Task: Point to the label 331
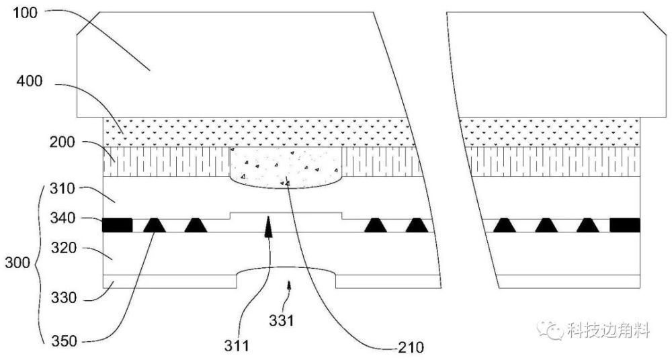tap(283, 321)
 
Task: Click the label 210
tap(410, 347)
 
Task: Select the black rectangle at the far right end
tap(625, 225)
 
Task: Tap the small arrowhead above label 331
tap(290, 286)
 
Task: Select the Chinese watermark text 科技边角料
tap(608, 330)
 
